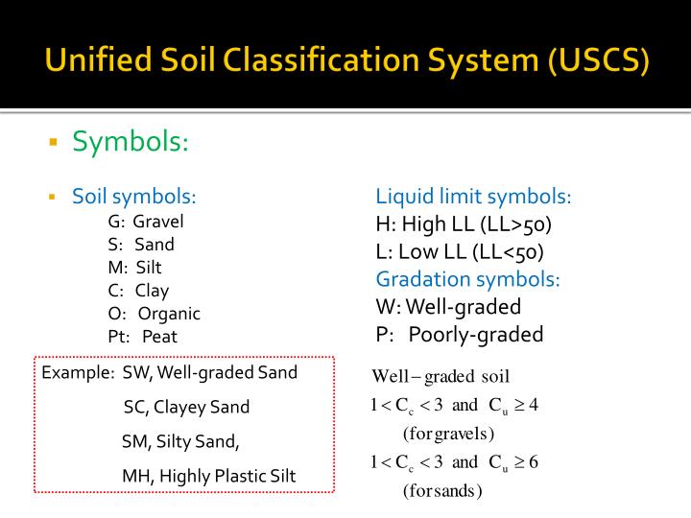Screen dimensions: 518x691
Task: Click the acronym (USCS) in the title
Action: coord(599,61)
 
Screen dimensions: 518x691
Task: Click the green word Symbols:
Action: coord(131,142)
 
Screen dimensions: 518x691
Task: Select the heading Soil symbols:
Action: coord(134,198)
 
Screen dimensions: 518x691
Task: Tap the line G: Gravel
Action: coord(146,222)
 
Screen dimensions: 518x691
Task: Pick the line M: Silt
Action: coord(135,268)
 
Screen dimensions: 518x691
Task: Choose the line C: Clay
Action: coord(138,291)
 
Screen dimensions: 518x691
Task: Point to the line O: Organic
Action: coord(155,314)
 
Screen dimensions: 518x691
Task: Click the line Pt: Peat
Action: coord(143,337)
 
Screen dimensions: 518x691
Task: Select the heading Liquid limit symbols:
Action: coord(473,198)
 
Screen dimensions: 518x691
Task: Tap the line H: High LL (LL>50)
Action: coord(464,225)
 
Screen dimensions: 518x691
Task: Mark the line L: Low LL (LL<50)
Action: coord(460,252)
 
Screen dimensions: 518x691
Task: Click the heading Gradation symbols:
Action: coord(467,279)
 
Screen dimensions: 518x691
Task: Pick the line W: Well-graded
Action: coord(448,307)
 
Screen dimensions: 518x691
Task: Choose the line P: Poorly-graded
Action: coord(460,335)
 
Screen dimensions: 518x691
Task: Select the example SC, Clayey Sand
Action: coord(186,407)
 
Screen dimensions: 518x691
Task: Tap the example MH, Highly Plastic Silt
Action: coord(208,476)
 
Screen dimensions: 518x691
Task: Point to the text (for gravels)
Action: coord(448,433)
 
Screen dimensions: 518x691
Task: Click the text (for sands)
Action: coord(442,491)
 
